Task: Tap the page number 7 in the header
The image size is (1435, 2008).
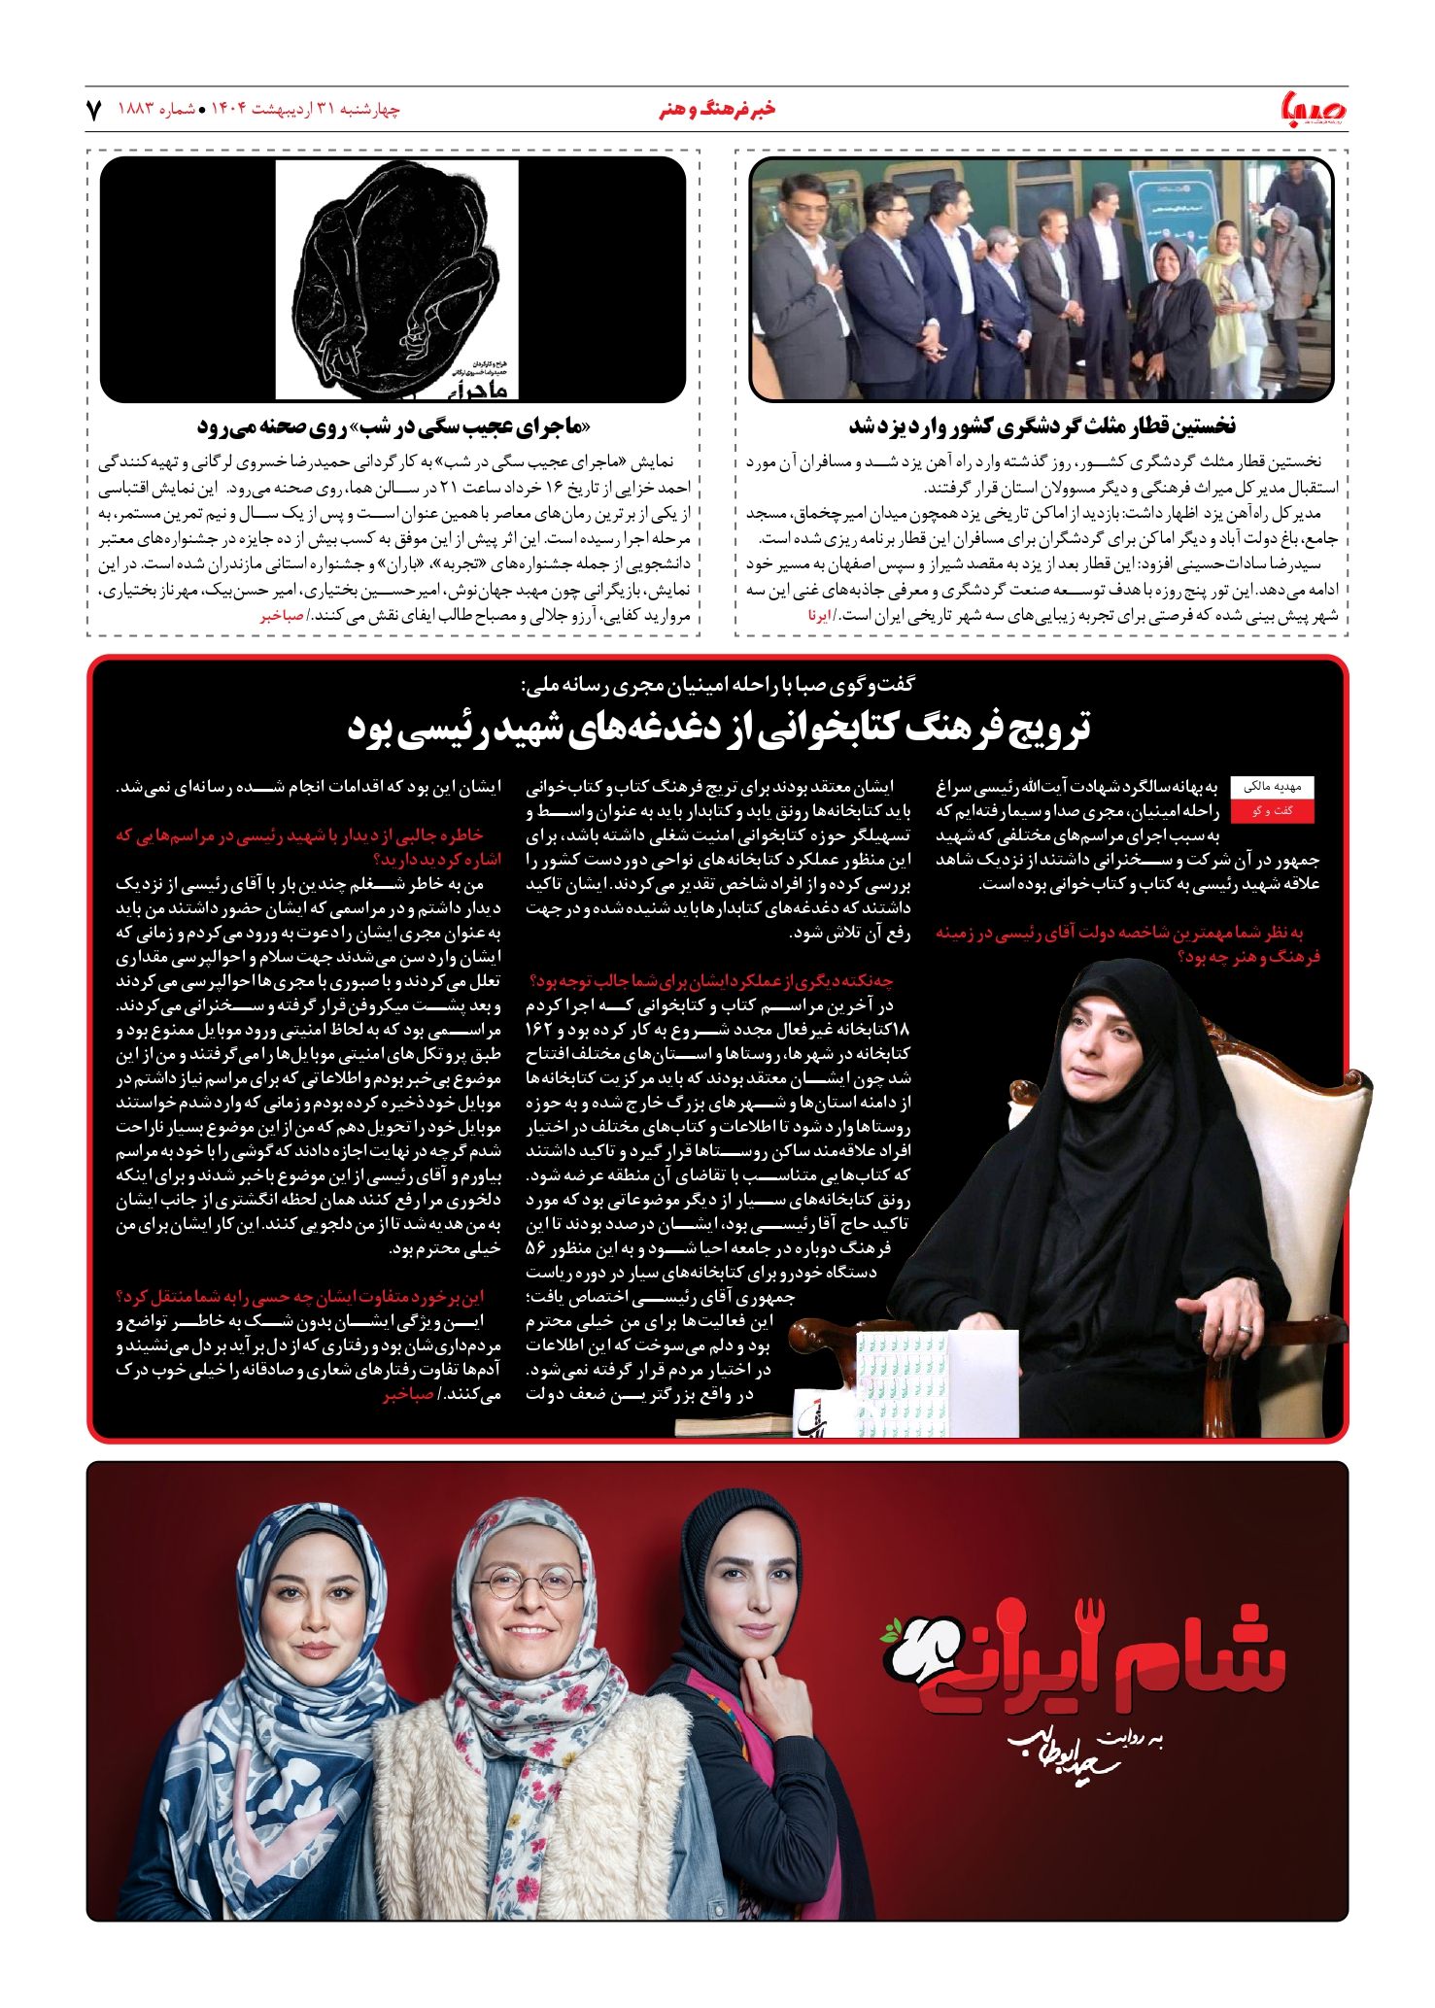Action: [94, 110]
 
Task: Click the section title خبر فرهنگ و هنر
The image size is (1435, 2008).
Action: [717, 110]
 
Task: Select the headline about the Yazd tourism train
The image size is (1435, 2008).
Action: [1042, 425]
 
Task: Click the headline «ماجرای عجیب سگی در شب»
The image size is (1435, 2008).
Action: [393, 425]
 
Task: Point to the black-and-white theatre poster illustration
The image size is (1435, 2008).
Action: [396, 279]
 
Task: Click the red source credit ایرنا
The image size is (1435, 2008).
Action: [819, 615]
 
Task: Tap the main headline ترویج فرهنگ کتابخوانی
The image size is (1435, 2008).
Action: [718, 728]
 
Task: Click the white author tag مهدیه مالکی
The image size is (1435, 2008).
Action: [1272, 787]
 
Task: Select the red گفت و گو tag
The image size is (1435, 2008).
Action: [1272, 810]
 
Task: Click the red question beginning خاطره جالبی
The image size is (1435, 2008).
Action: [308, 847]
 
